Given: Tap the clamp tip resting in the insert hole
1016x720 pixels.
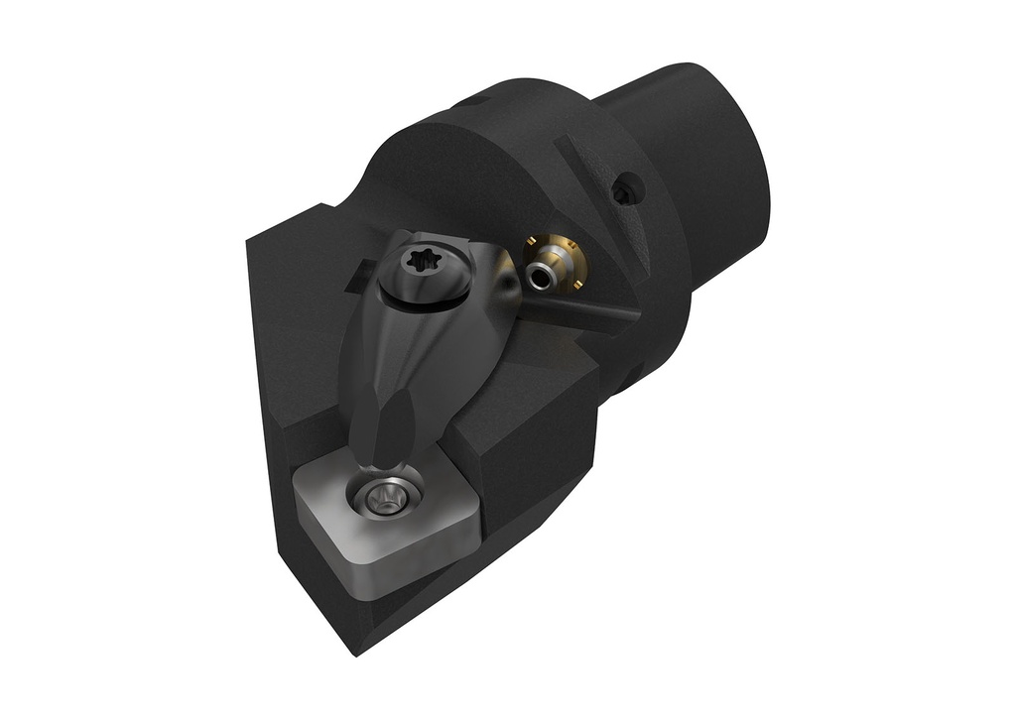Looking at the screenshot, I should (x=382, y=466).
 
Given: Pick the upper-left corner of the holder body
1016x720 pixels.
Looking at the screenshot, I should (x=251, y=238).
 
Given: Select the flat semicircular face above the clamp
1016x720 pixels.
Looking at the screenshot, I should (x=466, y=169).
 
